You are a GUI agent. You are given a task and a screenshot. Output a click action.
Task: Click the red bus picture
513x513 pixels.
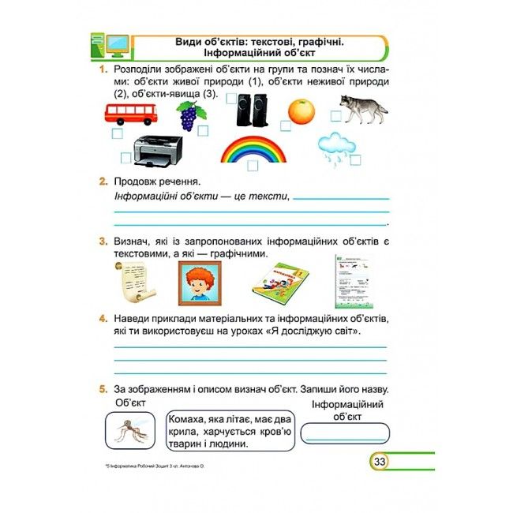click(131, 114)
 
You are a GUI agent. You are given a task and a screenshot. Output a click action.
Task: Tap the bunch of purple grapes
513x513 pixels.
click(191, 115)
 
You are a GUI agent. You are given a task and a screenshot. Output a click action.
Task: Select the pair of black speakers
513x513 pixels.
click(252, 110)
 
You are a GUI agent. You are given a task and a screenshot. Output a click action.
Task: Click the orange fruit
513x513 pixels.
click(301, 111)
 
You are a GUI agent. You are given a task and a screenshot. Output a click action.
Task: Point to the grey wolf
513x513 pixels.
click(364, 109)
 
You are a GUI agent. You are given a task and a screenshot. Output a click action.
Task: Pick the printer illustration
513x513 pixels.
click(158, 152)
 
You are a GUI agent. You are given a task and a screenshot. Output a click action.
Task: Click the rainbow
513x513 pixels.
click(253, 149)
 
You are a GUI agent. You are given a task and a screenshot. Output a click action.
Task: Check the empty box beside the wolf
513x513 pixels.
click(335, 116)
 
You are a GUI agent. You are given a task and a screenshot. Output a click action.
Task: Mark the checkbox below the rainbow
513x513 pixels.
click(253, 166)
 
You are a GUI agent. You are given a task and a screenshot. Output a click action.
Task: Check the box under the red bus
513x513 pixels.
click(118, 133)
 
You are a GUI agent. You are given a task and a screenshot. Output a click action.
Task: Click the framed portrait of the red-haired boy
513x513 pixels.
click(200, 283)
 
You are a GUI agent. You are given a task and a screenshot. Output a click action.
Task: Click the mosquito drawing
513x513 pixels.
click(131, 431)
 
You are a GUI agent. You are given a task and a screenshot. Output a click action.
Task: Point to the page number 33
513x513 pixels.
click(380, 462)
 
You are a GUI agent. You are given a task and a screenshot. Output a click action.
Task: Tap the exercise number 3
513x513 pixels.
click(103, 242)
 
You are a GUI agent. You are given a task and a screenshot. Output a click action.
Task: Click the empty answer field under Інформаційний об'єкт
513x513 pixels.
click(345, 433)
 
